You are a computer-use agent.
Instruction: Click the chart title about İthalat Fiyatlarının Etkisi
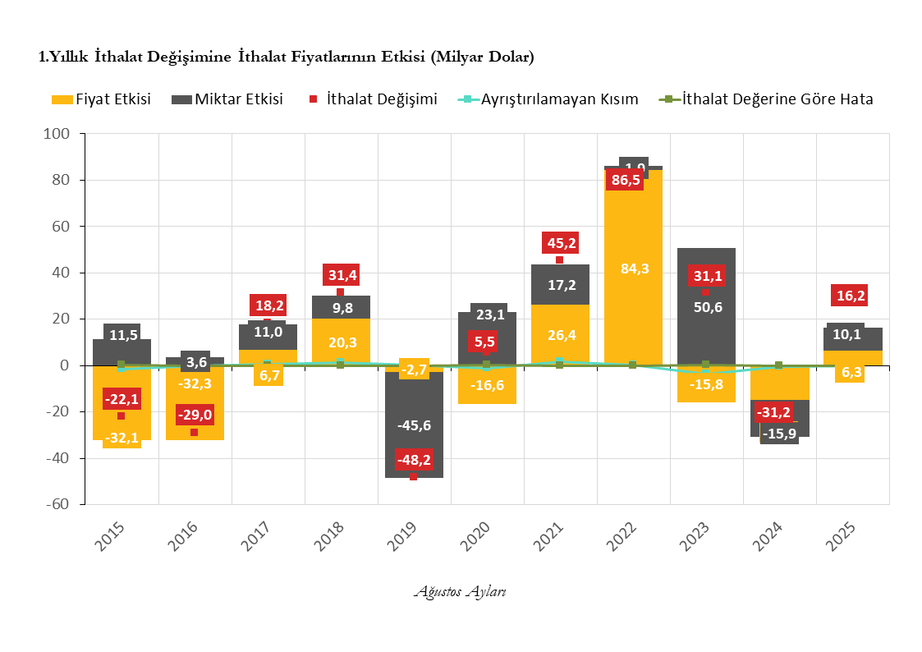(287, 57)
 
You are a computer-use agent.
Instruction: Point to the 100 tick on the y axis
(62, 134)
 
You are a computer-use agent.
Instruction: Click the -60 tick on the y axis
(60, 504)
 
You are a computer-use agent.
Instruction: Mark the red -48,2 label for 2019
(413, 460)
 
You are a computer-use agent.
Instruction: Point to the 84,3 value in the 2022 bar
(634, 269)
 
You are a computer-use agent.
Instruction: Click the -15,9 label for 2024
(779, 434)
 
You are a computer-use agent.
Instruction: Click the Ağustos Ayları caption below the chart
(460, 591)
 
